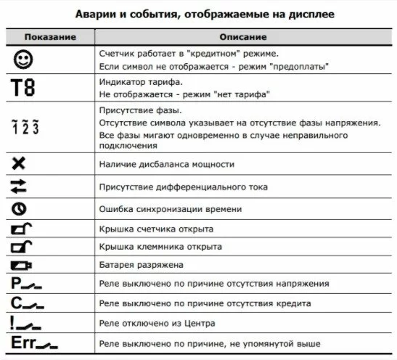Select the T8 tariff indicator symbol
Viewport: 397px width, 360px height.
point(24,89)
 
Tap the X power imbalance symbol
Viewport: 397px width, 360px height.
point(20,164)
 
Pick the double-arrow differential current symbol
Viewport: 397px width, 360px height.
point(20,187)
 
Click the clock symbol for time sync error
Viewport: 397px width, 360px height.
point(19,209)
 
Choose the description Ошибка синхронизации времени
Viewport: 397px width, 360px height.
point(165,209)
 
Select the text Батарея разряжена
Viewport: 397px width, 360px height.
point(134,266)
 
